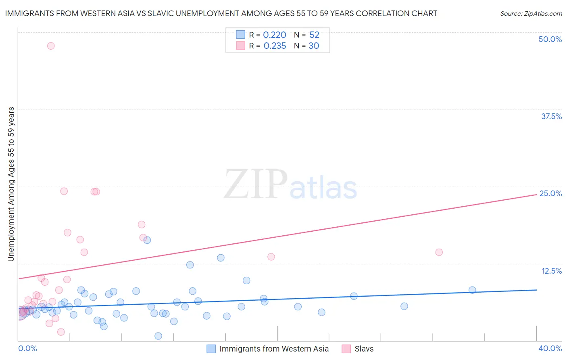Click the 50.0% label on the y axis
[550, 39]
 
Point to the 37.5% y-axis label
[551, 116]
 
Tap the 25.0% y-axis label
[550, 193]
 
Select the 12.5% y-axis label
[551, 271]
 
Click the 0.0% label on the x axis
[27, 348]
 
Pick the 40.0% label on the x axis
[550, 348]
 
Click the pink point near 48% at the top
[51, 46]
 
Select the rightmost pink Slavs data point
[439, 252]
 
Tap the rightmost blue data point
[472, 290]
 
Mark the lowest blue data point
[158, 336]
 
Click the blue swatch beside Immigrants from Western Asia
[211, 349]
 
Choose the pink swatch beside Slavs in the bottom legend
[346, 349]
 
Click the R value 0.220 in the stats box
[275, 35]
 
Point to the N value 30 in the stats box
[314, 46]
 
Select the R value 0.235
[275, 46]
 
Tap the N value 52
[314, 35]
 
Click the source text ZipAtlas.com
[531, 14]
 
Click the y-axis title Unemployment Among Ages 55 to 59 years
[11, 184]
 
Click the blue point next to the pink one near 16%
[147, 240]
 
